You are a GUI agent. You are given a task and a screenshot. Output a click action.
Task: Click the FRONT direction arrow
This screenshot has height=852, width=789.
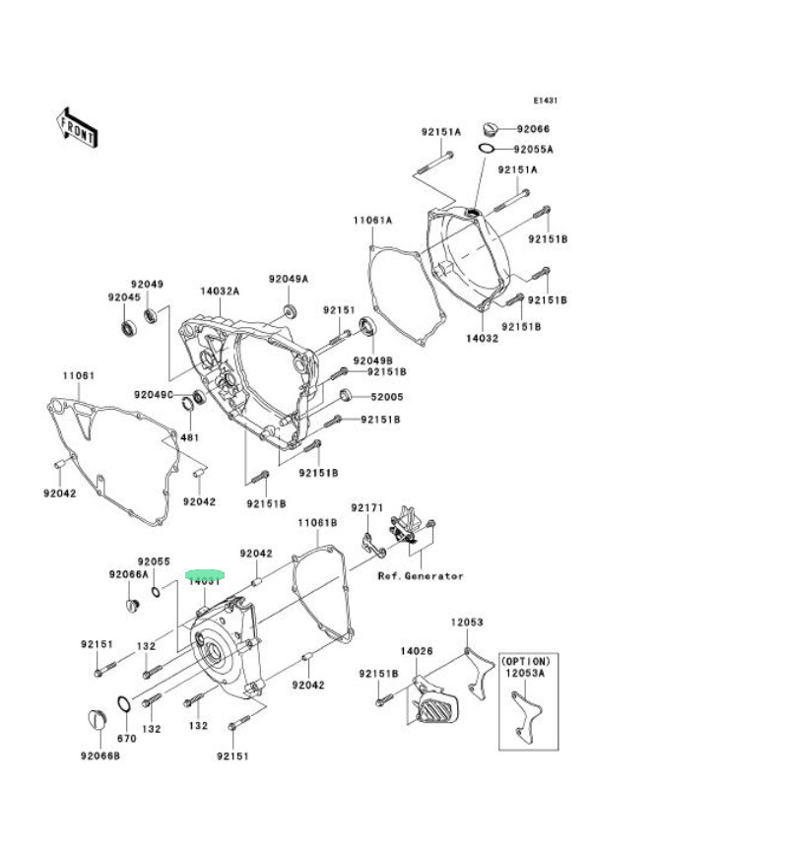tap(77, 127)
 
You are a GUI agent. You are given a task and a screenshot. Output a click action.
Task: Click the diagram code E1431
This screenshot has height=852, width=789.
tap(546, 100)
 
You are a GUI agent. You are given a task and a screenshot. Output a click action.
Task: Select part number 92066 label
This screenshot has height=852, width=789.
tap(533, 129)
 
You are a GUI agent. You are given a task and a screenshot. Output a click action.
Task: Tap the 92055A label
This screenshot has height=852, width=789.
tap(533, 150)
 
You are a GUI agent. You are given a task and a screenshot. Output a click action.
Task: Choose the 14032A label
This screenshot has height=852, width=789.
tap(220, 292)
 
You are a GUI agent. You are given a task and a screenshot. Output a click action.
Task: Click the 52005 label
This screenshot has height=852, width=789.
tap(386, 397)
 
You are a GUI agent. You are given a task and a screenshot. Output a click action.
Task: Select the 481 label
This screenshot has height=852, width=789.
tap(189, 437)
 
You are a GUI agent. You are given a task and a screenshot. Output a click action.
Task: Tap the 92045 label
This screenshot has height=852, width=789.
tap(124, 296)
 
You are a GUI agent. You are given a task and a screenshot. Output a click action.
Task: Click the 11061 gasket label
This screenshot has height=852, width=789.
tap(79, 376)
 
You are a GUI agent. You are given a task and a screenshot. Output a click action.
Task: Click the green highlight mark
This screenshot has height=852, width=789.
tap(206, 574)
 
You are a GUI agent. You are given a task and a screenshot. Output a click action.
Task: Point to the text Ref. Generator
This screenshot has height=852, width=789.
tap(421, 576)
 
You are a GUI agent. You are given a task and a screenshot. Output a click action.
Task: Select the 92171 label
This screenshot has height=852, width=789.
tap(367, 508)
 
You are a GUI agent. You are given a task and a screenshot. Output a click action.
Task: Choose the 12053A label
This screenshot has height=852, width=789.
tap(526, 674)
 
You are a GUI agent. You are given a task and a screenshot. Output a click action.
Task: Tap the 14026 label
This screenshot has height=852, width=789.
tap(417, 651)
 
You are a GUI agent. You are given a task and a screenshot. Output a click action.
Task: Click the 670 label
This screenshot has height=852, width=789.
tap(126, 738)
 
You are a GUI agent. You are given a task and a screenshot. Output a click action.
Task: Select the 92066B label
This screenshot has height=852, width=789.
tap(100, 755)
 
